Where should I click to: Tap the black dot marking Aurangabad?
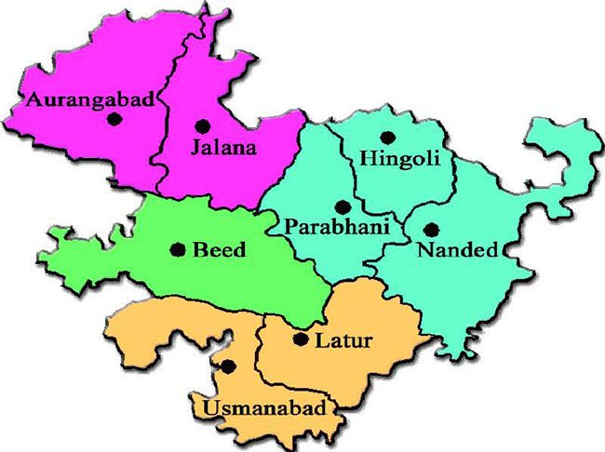(114, 118)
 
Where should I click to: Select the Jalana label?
(222, 146)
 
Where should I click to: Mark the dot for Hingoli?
(387, 138)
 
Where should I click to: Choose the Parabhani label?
(329, 226)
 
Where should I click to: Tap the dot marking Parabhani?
(343, 206)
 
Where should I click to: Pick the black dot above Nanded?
(430, 228)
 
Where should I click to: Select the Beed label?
(219, 249)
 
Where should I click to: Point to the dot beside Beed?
(177, 249)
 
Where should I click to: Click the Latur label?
(343, 340)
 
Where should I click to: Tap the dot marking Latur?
(300, 339)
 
